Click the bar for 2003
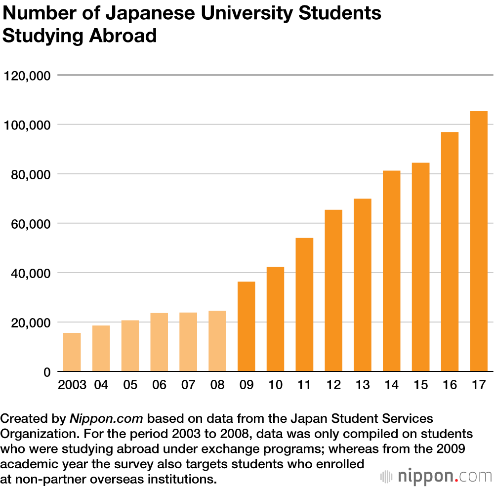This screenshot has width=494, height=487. click(72, 352)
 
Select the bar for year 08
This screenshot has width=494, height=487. click(217, 341)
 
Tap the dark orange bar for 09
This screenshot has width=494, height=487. click(246, 326)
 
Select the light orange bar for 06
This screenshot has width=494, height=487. click(159, 342)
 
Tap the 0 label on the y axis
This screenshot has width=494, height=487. click(47, 372)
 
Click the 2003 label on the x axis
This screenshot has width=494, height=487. click(72, 385)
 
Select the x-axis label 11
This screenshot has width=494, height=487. click(304, 385)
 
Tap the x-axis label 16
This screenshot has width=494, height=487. click(450, 385)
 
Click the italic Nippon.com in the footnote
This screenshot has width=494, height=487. click(107, 419)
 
